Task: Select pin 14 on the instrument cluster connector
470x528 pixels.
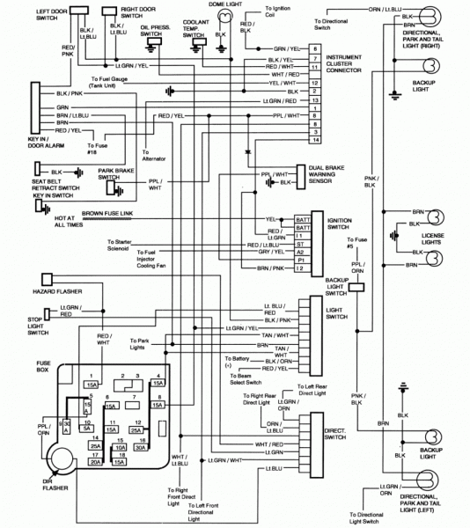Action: point(314,141)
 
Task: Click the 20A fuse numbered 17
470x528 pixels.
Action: point(94,458)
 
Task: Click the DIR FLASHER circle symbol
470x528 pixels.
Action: point(65,459)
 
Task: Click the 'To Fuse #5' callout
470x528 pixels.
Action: point(356,243)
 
